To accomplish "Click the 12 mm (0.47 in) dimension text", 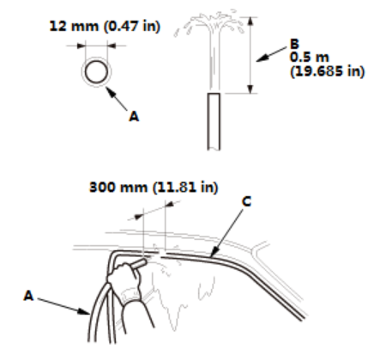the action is pos(105,26).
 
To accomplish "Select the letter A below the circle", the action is pos(134,116).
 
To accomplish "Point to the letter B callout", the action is pos(294,44).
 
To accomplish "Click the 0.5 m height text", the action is pos(310,57).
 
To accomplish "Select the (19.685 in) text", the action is pos(328,71).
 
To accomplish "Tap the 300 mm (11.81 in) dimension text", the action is pos(154,187).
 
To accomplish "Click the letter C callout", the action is pos(246,201).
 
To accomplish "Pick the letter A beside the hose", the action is pos(28,296).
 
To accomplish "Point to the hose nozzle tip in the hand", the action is pos(144,261).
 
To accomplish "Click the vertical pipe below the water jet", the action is pos(214,121).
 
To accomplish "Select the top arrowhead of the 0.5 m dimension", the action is pos(250,21).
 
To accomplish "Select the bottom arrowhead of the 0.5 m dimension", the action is pos(250,89).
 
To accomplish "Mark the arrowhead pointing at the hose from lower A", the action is pos(84,311).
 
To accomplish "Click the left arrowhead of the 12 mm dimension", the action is pos(81,46).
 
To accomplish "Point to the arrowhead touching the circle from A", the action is pos(110,91).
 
